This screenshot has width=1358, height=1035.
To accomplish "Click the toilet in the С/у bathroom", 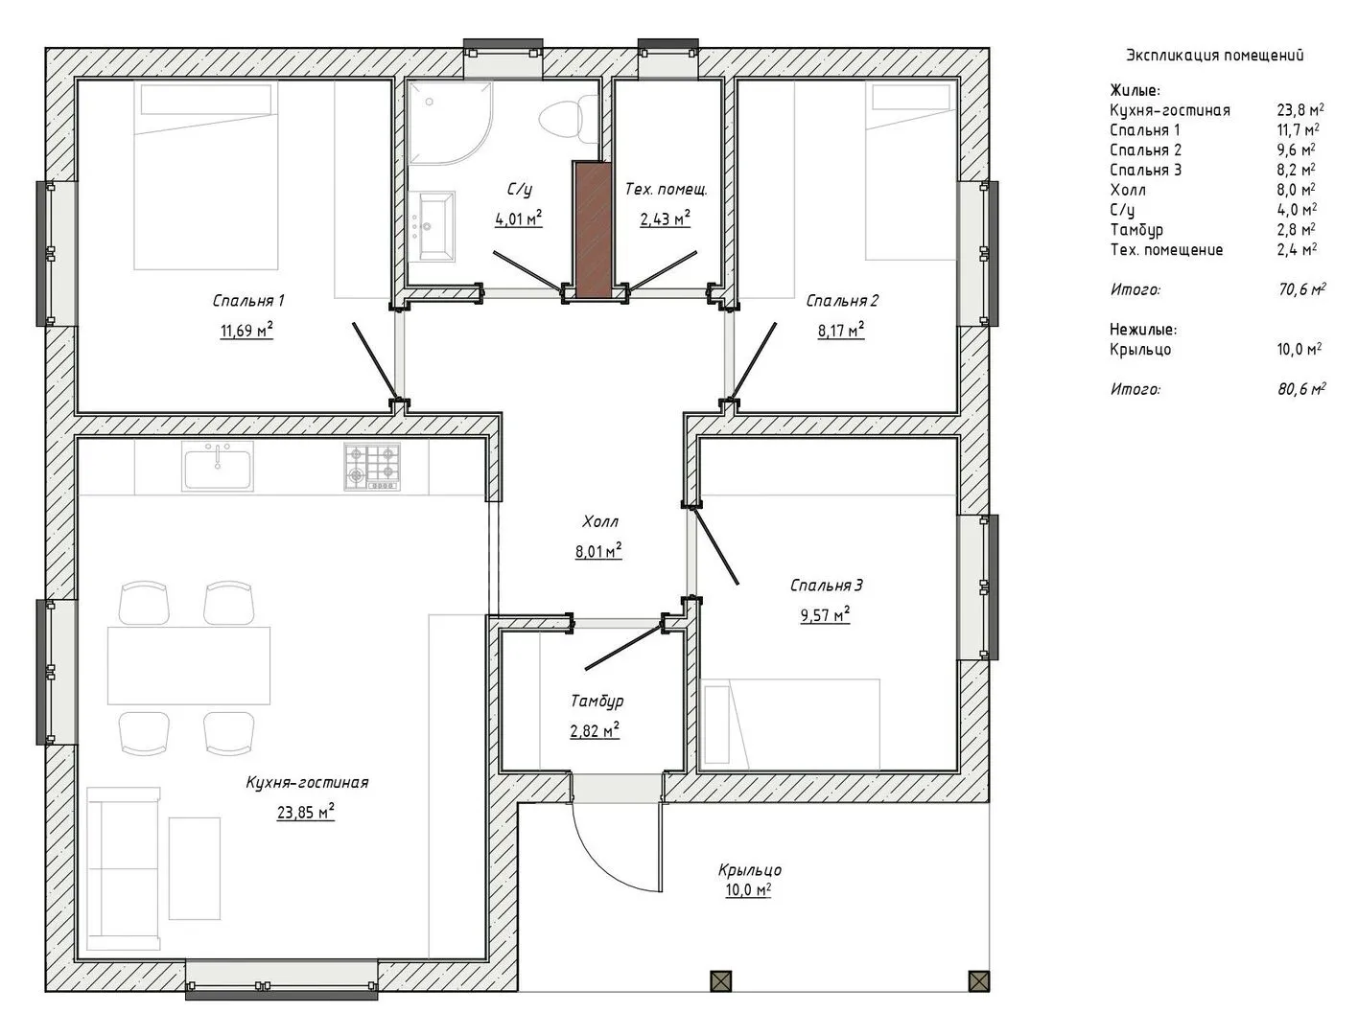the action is [x=560, y=117].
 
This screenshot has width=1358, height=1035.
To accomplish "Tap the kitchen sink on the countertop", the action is [x=217, y=467].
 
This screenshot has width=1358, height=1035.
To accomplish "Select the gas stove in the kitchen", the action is [x=372, y=467].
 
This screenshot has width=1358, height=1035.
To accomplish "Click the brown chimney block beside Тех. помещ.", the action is [x=592, y=229].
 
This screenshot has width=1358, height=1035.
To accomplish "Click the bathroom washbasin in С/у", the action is [x=436, y=226].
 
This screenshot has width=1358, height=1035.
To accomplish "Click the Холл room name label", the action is [x=600, y=522].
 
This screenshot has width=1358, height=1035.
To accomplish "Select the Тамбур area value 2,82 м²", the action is [x=595, y=730].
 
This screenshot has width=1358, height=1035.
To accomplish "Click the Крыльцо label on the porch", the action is [x=750, y=870].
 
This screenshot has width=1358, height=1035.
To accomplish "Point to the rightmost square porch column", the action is [x=979, y=980].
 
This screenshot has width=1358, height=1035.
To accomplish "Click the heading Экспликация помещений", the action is [x=1214, y=56].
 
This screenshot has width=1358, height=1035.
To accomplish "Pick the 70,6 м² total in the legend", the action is [x=1301, y=288].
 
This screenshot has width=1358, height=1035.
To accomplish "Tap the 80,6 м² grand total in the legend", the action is [x=1301, y=389].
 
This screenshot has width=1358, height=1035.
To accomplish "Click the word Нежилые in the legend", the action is [x=1143, y=329].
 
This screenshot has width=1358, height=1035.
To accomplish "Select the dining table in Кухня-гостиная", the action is [x=189, y=665].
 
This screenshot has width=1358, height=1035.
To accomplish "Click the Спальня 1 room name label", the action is [x=248, y=301].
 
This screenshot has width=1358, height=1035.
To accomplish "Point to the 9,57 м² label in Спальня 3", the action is [x=826, y=614].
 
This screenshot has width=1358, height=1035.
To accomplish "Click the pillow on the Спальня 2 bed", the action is [x=911, y=97].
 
